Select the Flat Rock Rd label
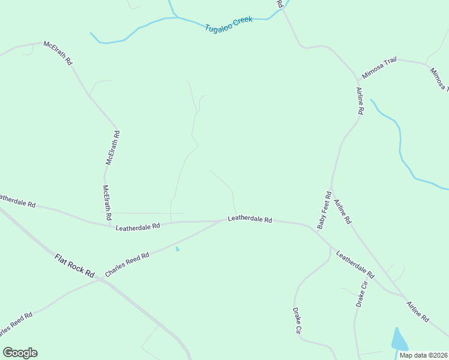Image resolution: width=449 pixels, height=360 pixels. coord(75,265)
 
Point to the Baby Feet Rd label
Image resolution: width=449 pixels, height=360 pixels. coord(324,210)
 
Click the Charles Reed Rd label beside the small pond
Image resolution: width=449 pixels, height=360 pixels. coord(127,265)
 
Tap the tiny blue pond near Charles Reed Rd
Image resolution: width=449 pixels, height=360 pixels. coord(177,248)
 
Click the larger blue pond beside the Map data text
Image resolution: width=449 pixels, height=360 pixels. coord(399,340)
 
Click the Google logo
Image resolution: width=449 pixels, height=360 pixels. coord(20,353)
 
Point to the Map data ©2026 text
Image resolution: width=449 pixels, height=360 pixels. coord(423,355)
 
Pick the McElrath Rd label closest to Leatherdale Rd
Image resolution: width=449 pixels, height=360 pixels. coord(107,202)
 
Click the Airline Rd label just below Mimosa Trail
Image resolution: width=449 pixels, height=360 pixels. coord(360,101)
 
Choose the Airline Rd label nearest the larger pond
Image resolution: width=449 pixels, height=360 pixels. coord(418,310)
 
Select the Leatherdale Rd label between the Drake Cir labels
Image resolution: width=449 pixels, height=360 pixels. coord(355,265)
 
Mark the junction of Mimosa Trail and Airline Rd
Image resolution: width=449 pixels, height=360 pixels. coord(359,79)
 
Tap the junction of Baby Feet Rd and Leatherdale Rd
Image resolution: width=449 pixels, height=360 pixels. coord(315,228)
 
